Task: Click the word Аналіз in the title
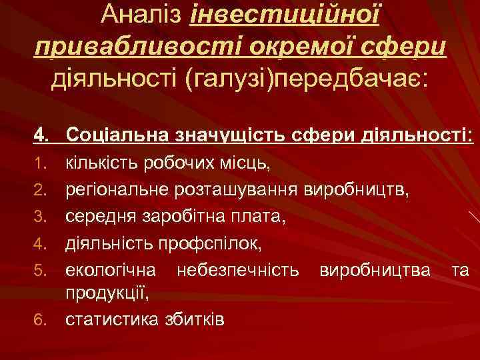click(142, 15)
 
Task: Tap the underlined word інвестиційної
click(285, 15)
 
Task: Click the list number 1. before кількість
click(42, 163)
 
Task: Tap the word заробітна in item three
click(178, 217)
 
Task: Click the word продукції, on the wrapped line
click(106, 293)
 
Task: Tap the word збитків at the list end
click(193, 319)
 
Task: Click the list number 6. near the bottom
click(42, 320)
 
